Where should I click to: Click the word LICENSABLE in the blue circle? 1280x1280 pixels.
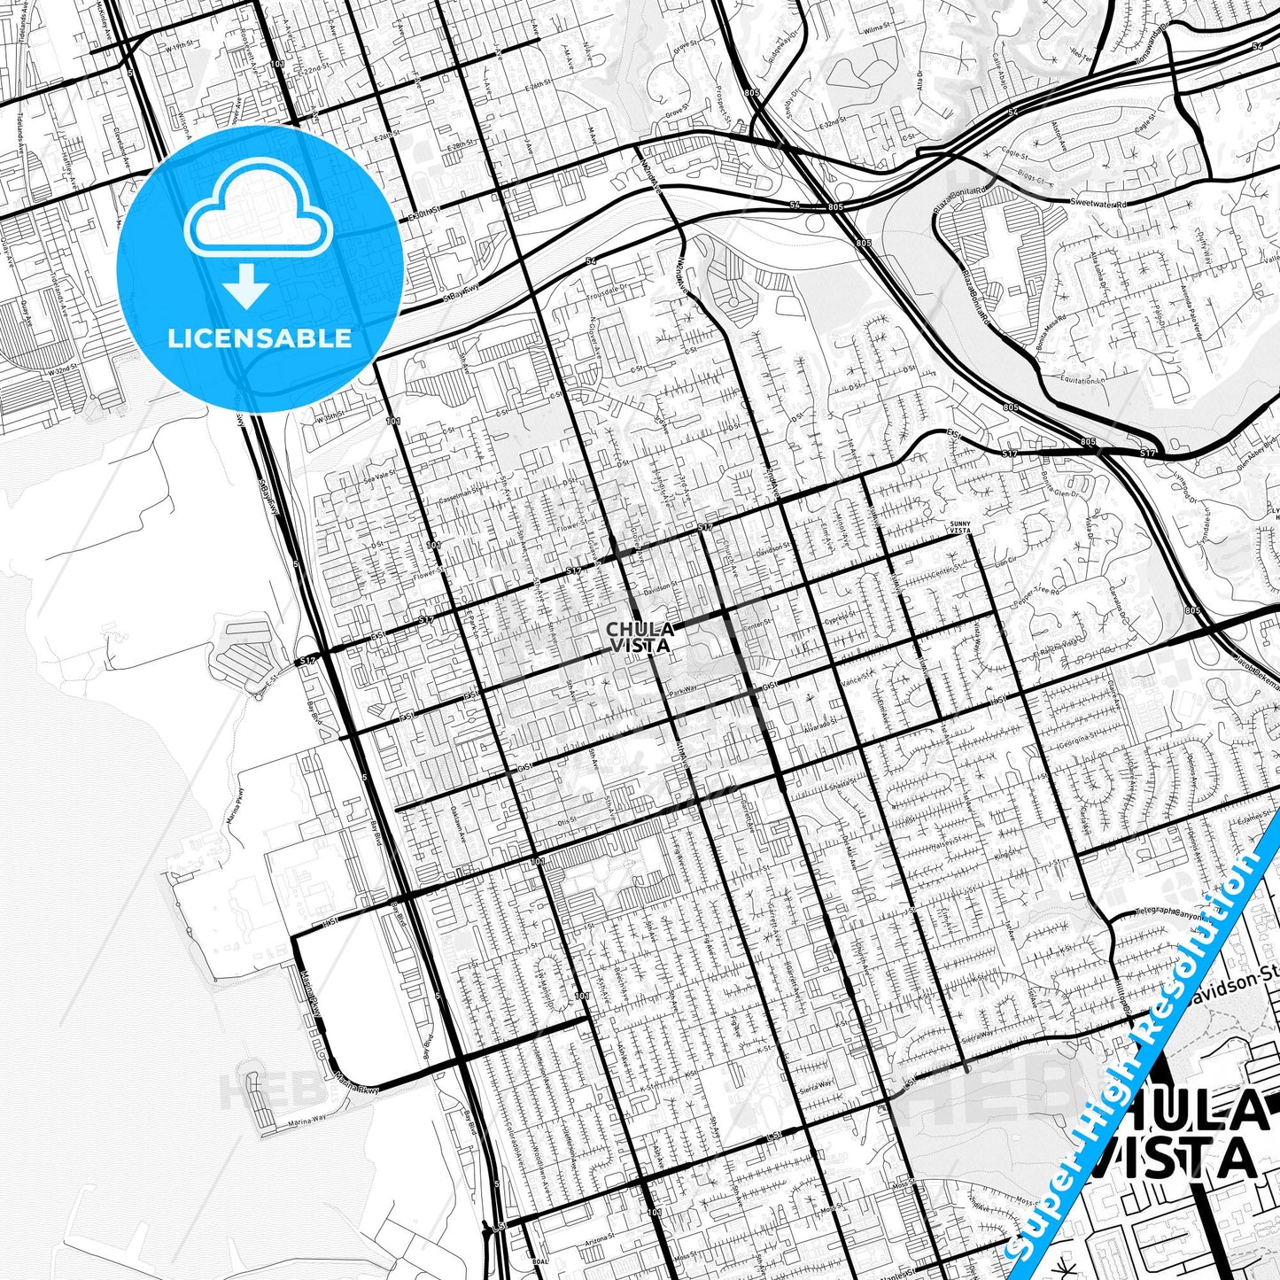[x=259, y=338]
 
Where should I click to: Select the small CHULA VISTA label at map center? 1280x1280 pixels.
[x=640, y=637]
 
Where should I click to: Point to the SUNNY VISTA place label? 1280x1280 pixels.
[x=960, y=527]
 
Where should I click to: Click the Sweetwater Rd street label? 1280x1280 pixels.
[x=1098, y=204]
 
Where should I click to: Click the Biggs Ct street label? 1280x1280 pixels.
[x=1030, y=182]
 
